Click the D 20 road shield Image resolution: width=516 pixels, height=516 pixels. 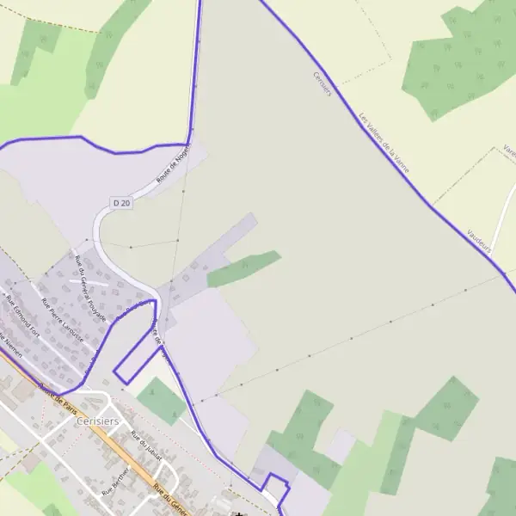(121, 203)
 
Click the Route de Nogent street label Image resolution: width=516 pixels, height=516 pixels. (173, 163)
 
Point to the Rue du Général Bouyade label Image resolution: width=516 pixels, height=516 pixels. (89, 289)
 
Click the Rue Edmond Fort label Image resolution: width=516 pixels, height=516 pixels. (23, 314)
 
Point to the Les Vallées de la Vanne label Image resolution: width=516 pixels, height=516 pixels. (384, 143)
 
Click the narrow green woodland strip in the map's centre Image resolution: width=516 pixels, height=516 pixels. (244, 268)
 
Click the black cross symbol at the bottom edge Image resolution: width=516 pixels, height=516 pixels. (238, 513)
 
